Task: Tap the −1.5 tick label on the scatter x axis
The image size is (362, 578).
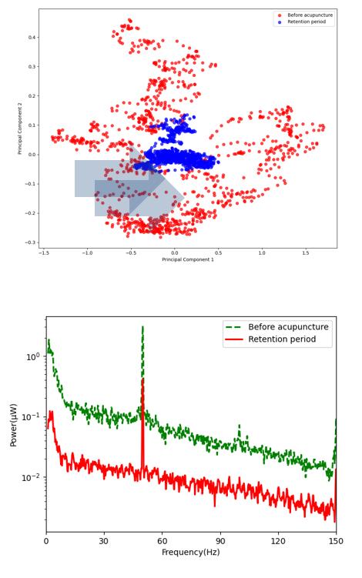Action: pyautogui.click(x=44, y=253)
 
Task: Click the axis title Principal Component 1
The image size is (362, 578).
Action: pyautogui.click(x=188, y=259)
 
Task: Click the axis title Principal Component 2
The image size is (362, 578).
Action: pyautogui.click(x=20, y=129)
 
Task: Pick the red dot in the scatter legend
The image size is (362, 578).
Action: pyautogui.click(x=280, y=15)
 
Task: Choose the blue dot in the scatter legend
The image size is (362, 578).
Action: pyautogui.click(x=280, y=22)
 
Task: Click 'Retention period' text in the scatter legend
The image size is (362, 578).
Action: pyautogui.click(x=307, y=22)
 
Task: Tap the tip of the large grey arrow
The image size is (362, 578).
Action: pyautogui.click(x=184, y=197)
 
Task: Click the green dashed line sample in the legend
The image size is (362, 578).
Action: pyautogui.click(x=233, y=327)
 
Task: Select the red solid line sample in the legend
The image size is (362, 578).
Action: pyautogui.click(x=233, y=339)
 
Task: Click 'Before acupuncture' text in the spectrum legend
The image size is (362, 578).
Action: pyautogui.click(x=288, y=327)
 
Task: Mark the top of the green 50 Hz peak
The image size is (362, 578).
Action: pyautogui.click(x=142, y=326)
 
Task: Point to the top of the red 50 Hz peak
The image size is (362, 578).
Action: pyautogui.click(x=142, y=379)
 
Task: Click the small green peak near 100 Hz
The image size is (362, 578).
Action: pyautogui.click(x=239, y=426)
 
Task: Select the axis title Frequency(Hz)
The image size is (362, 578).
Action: pyautogui.click(x=191, y=552)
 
